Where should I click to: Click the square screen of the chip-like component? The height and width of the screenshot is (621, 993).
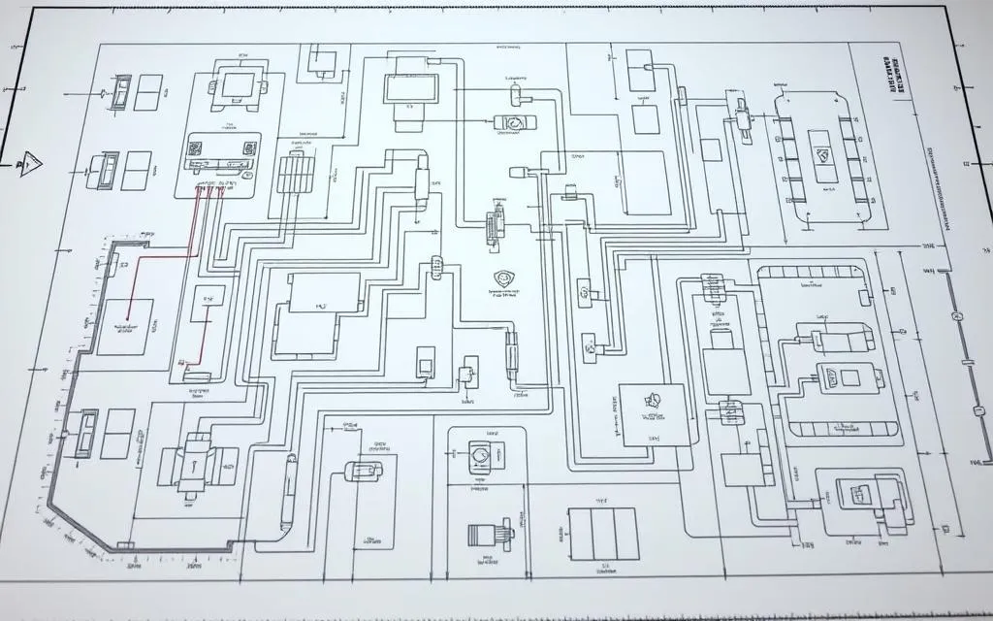pyautogui.click(x=236, y=83)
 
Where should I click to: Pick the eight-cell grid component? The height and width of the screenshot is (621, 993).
pyautogui.click(x=296, y=175)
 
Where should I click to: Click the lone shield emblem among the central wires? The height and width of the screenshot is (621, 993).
pyautogui.click(x=503, y=278)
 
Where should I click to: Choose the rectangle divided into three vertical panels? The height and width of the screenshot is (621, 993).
pyautogui.click(x=601, y=533)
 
